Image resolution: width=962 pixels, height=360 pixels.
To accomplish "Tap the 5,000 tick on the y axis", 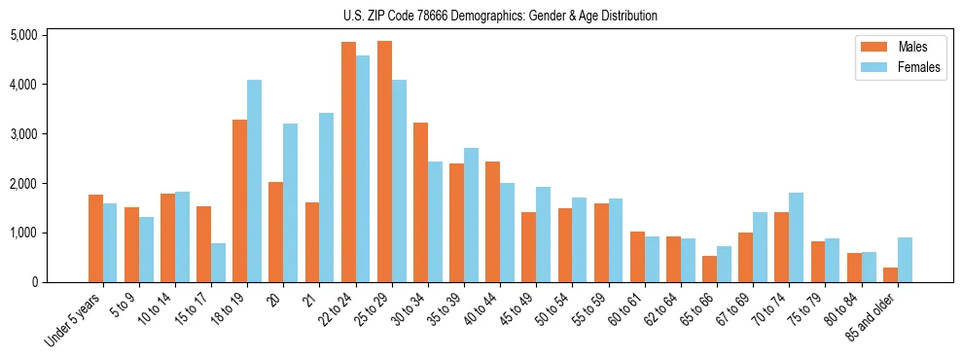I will pos(23,35).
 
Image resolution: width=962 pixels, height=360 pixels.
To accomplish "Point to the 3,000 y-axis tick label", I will pos(23,133).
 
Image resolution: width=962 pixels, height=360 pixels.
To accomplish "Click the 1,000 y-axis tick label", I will pos(23,233).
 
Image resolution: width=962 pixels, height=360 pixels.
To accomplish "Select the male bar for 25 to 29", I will pos(384,162).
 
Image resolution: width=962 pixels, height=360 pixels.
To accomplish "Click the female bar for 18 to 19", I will pos(254,181).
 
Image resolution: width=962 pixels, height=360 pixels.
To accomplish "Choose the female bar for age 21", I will pos(327,198).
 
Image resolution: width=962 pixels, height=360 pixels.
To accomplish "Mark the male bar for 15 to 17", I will pos(203,244).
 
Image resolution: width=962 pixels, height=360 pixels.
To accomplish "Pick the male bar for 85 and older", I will pos(891,274).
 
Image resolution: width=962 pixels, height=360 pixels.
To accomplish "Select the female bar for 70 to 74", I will pos(797,237).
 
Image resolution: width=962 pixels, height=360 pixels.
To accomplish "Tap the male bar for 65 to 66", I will pos(710,269).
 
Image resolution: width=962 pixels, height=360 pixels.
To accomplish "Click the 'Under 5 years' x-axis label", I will pos(74,321).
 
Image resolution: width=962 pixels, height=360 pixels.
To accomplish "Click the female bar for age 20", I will pos(291,202).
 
